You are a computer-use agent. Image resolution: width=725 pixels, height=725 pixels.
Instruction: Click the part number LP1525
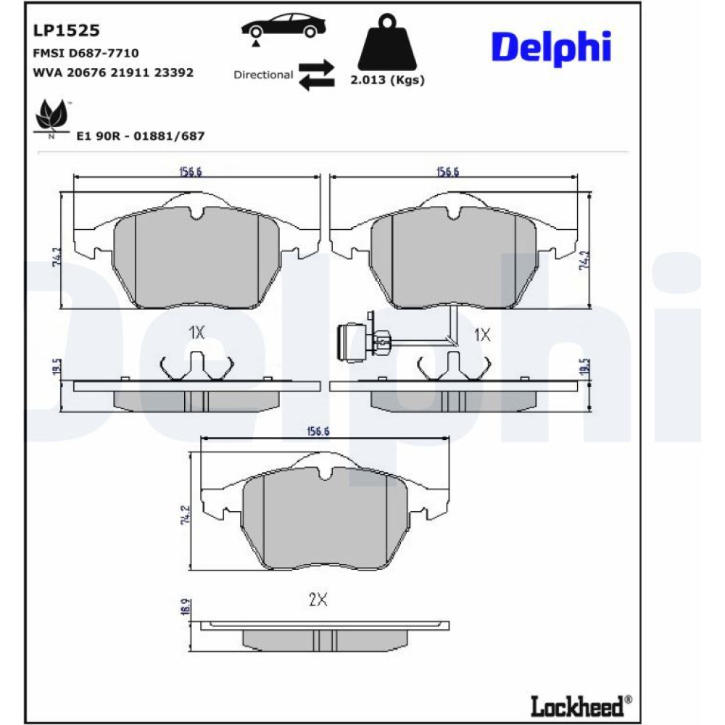[x=66, y=30]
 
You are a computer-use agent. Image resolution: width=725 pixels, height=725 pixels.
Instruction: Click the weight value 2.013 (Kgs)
[x=387, y=80]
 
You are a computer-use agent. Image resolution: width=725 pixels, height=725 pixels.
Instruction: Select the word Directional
[x=263, y=75]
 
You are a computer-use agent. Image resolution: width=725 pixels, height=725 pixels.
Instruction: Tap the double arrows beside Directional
[x=317, y=75]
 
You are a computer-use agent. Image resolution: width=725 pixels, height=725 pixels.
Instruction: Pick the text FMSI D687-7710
[x=86, y=53]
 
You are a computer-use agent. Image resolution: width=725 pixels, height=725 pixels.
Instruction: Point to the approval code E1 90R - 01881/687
[x=141, y=136]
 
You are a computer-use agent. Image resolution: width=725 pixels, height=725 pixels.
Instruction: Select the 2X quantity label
[x=318, y=600]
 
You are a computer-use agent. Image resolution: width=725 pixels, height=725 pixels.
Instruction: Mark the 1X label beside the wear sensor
[x=482, y=334]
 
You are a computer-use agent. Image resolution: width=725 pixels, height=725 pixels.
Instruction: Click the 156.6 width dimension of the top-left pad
[x=190, y=171]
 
